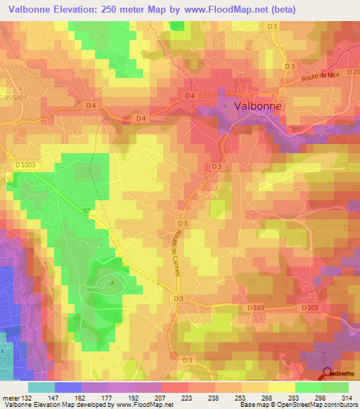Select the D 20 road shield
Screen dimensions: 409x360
tap(353, 72)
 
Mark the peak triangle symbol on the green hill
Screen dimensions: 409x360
tap(112, 283)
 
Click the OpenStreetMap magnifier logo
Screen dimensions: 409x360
tap(328, 375)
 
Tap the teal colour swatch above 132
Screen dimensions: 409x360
tap(41, 387)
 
